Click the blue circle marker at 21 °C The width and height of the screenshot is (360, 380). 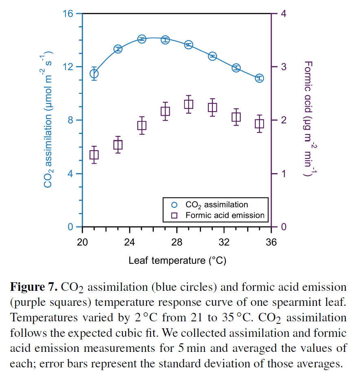(x=94, y=74)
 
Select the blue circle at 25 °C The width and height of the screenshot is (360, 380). (x=142, y=39)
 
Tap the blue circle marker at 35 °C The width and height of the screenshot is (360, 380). (x=260, y=78)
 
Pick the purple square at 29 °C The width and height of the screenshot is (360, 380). (x=188, y=104)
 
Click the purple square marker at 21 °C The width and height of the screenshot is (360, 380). (x=94, y=155)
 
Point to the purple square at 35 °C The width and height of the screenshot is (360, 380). (x=260, y=124)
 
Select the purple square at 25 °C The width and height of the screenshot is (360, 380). (x=142, y=125)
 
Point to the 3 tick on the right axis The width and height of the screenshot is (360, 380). (x=284, y=67)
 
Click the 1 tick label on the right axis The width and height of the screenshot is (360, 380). (x=284, y=174)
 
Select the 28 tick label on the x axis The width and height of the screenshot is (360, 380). (x=177, y=242)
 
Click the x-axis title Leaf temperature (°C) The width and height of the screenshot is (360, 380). (x=177, y=260)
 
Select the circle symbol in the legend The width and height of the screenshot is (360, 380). (x=175, y=204)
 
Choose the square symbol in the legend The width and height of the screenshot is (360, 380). (x=175, y=215)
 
